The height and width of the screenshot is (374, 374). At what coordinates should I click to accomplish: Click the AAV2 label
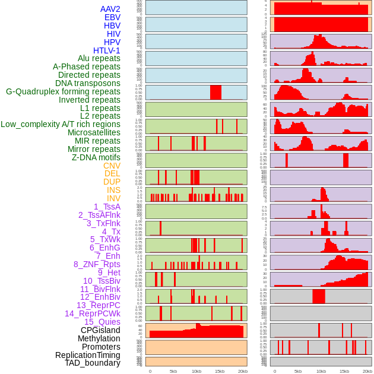110,9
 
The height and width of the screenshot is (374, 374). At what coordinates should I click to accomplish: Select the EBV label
112,17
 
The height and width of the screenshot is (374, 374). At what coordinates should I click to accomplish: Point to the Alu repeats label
99,58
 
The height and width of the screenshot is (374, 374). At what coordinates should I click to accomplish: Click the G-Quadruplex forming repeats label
63,91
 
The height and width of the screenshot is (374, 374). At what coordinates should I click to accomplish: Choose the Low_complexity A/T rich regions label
61,124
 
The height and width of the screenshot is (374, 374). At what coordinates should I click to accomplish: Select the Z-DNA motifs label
96,157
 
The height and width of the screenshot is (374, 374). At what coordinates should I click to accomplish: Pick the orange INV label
113,198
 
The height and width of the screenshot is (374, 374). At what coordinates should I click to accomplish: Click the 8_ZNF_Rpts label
97,264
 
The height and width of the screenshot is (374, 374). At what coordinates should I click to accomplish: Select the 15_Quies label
102,322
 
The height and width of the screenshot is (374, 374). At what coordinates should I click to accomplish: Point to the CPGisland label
100,330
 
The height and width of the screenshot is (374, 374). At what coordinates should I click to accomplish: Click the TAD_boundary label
93,363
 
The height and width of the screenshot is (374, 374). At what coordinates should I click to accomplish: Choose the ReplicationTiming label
88,355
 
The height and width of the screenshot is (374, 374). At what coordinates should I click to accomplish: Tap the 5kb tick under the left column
173,371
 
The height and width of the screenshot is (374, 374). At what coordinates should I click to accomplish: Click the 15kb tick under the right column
344,371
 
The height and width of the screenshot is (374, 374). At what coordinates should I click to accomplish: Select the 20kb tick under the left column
242,371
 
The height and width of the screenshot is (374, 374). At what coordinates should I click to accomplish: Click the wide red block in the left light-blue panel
215,92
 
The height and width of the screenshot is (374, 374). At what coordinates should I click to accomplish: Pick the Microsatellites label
94,132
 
